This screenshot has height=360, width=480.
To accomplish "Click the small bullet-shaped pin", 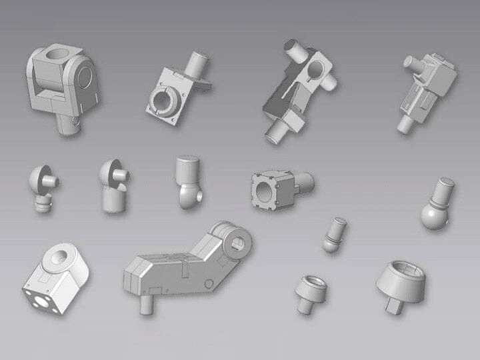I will coord(333,234).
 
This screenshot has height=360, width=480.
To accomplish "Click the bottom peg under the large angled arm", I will coord(145,303).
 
